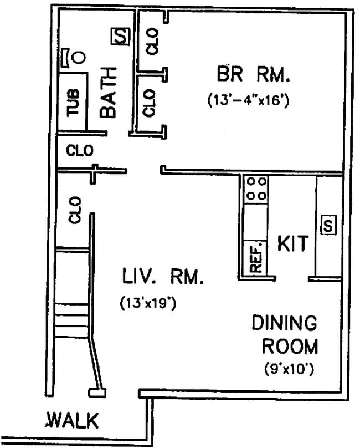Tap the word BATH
click(x=109, y=92)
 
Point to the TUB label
click(x=74, y=103)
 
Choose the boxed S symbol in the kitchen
click(x=328, y=226)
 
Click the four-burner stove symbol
click(x=256, y=189)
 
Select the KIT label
click(x=292, y=245)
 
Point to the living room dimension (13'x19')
click(x=148, y=303)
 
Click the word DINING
click(x=284, y=323)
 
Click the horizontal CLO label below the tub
click(x=80, y=150)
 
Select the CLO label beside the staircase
click(x=75, y=210)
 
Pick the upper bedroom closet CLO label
click(x=153, y=41)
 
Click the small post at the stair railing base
click(x=98, y=393)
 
